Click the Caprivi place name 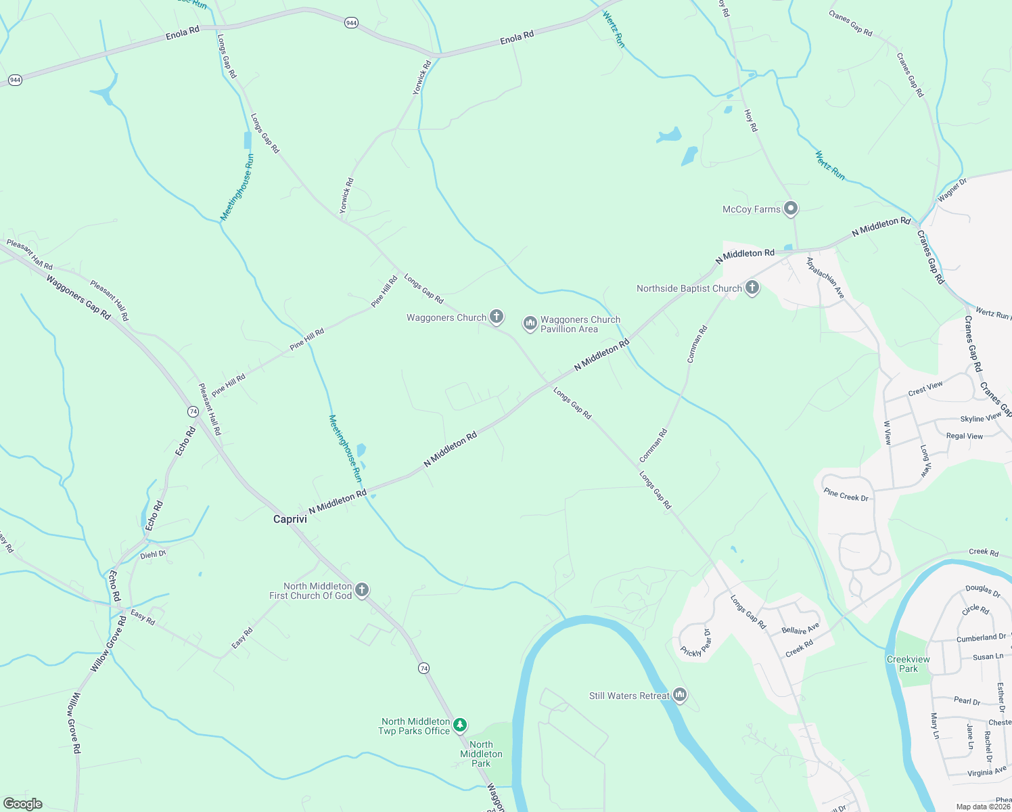pos(290,519)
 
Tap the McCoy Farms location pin pos(790,208)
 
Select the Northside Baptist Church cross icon pos(752,288)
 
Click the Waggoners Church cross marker pos(496,316)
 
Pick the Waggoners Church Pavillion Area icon pos(530,324)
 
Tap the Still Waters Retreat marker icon pos(680,695)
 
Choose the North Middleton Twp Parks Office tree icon pos(460,725)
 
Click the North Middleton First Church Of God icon pos(362,590)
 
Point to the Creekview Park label pos(908,664)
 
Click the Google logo pos(23,804)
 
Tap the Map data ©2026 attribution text pos(982,807)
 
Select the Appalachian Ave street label pos(825,278)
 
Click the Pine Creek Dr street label pos(846,496)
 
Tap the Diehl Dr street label pos(153,554)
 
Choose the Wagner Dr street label pos(952,190)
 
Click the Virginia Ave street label pos(986,771)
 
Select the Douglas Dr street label pos(983,591)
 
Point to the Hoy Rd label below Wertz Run pos(751,120)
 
